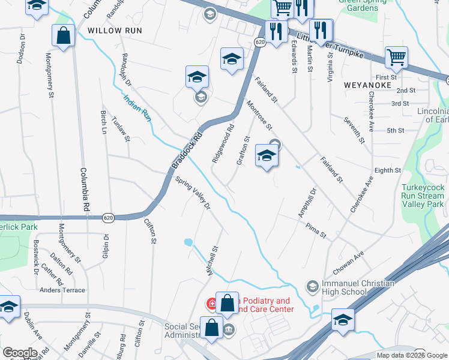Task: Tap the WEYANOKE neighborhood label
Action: coord(367,85)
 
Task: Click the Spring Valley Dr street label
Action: coord(193,193)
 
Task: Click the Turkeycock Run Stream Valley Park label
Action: coord(423,196)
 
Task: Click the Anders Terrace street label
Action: coord(62,290)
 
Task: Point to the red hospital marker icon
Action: coord(212,304)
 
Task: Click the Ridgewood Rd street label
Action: coord(222,145)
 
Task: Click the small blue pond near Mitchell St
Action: coord(188,242)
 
